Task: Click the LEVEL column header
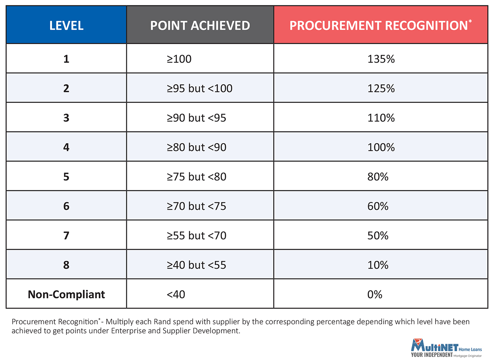(x=66, y=26)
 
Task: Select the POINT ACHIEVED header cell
(x=200, y=26)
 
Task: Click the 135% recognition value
(x=381, y=59)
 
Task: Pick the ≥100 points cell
(x=179, y=59)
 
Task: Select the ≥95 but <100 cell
(x=199, y=88)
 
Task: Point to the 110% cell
(x=381, y=118)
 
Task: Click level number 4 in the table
(x=66, y=147)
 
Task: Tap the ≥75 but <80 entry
(x=196, y=177)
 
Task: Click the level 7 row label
(x=66, y=236)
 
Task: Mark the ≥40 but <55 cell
(x=196, y=265)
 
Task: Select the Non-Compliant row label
(x=66, y=295)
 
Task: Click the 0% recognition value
(x=375, y=295)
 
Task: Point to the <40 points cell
(x=176, y=295)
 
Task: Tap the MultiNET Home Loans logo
(x=446, y=349)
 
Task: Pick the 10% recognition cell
(x=378, y=265)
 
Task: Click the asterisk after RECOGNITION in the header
(x=470, y=21)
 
